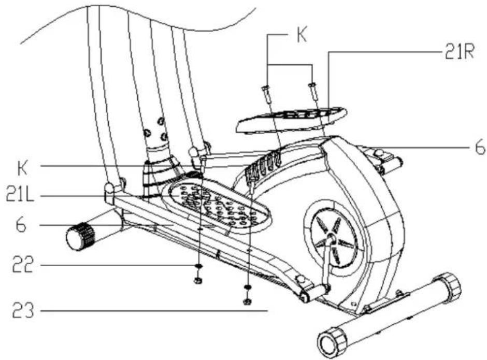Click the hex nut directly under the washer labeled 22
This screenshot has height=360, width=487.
[197, 280]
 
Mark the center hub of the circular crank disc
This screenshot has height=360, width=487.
[330, 239]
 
